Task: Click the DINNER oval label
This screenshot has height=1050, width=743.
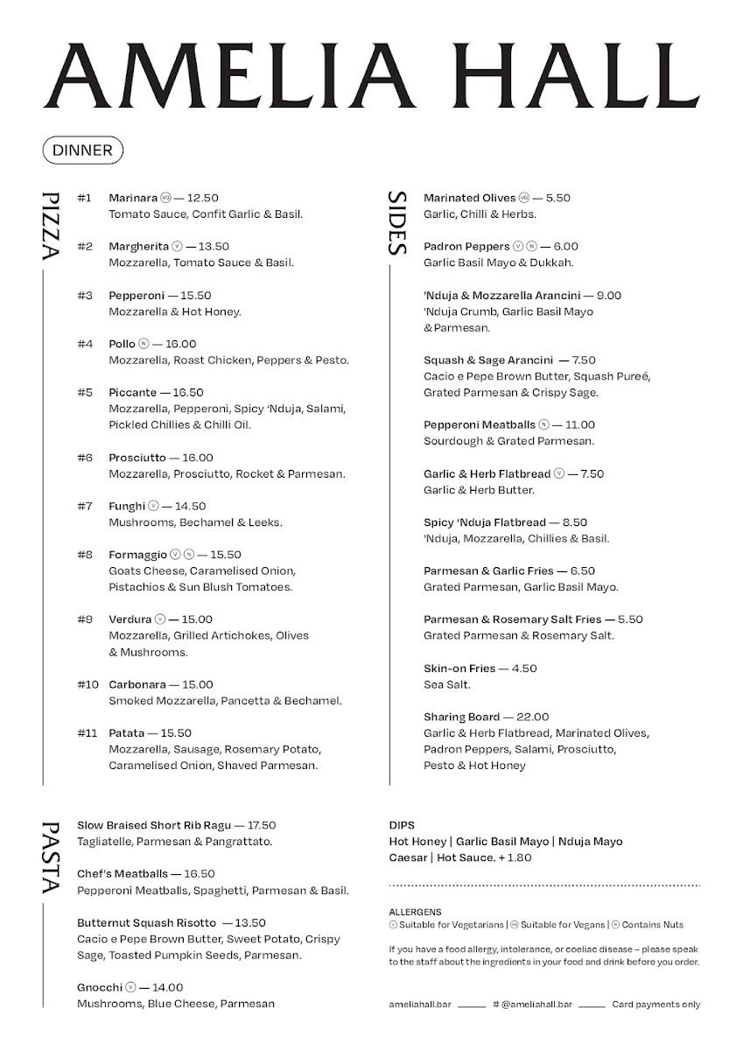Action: (x=83, y=150)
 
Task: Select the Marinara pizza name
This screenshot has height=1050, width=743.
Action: (x=133, y=198)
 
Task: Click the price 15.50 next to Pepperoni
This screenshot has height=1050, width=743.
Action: (x=196, y=296)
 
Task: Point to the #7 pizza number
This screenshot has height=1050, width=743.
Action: (x=85, y=506)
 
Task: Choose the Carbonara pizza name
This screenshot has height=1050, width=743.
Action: (x=136, y=684)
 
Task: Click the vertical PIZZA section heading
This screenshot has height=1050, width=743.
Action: (x=50, y=226)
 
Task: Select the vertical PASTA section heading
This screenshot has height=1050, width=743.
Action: (x=50, y=857)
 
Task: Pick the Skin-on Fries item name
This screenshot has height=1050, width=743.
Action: (x=459, y=668)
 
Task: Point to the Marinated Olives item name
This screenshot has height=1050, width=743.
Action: (x=470, y=198)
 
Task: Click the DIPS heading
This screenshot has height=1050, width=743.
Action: (x=402, y=825)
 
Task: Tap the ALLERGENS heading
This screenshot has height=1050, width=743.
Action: (x=415, y=911)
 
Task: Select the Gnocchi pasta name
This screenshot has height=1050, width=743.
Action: (x=100, y=987)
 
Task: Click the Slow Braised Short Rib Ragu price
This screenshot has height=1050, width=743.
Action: (x=262, y=825)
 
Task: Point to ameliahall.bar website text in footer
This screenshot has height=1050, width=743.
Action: (x=419, y=1004)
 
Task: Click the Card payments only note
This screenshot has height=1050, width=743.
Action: (x=655, y=1004)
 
